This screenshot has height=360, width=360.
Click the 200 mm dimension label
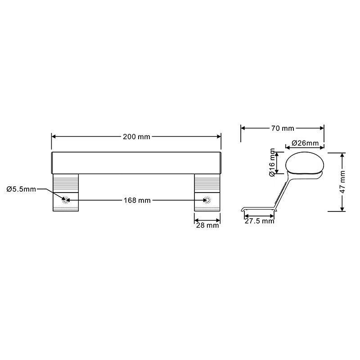coord(136,137)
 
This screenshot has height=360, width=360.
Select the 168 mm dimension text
coord(137,200)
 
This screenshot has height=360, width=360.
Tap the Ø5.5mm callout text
coord(21,189)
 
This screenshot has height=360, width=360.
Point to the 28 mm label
coord(207,225)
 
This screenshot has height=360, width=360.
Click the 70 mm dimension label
coord(283,128)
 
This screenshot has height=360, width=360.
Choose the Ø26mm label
coord(305,143)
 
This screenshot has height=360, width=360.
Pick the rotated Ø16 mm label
coord(272,162)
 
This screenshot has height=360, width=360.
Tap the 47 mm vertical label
coord(342,182)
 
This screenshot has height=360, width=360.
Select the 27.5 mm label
coord(259,221)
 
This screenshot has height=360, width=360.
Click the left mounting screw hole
coord(66,200)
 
